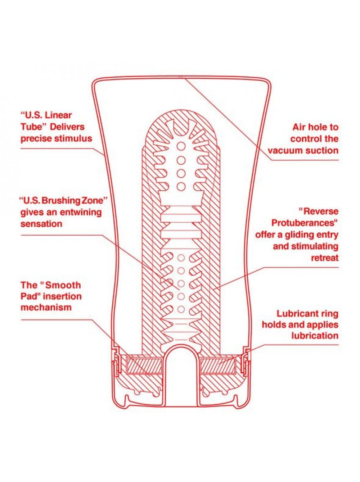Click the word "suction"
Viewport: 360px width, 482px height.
coord(321,151)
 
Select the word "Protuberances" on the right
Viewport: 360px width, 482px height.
coord(305,223)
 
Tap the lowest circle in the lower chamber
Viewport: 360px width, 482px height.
coord(181,309)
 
